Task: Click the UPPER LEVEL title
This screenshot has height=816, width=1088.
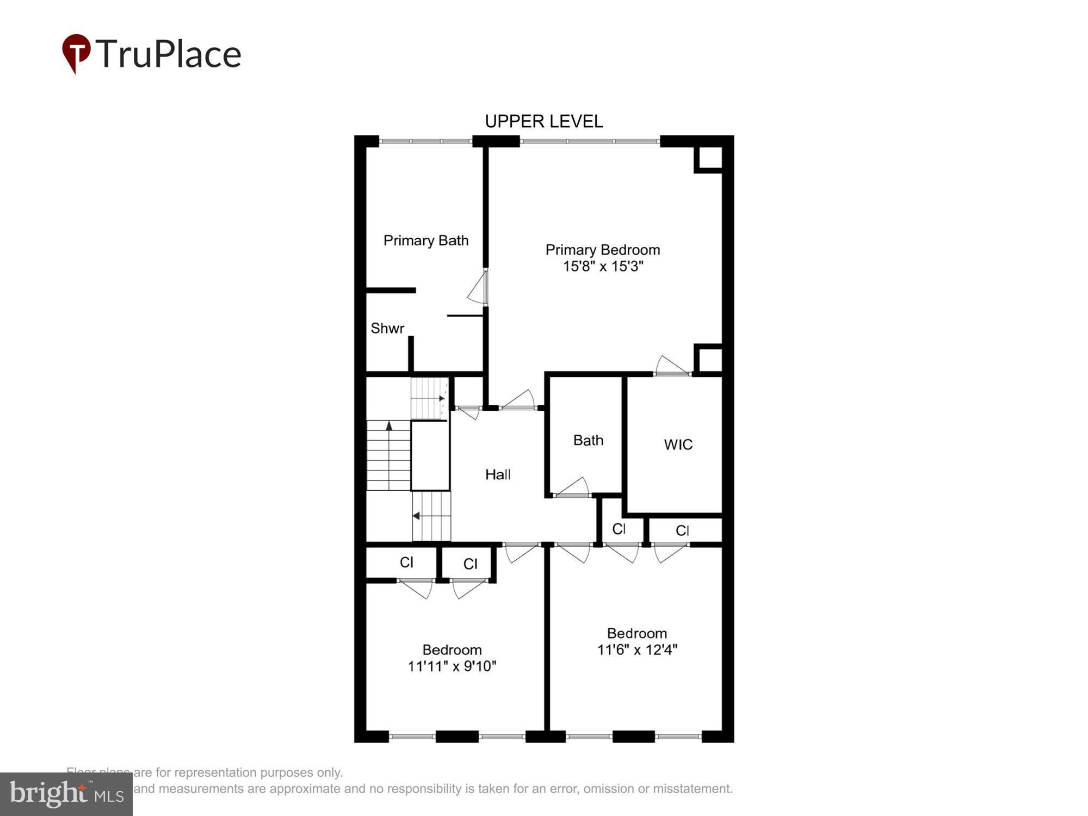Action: pos(543,121)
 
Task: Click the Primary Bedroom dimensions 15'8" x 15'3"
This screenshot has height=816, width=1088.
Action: pos(603,267)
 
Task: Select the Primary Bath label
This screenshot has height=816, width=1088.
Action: pos(425,240)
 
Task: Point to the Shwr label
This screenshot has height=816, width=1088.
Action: pos(387,329)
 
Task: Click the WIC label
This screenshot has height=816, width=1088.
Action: pos(678,444)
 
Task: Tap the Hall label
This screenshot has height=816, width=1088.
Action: pos(497,474)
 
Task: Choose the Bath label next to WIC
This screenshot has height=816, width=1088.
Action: pos(588,440)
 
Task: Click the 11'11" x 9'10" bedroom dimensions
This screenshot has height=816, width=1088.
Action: pos(452,666)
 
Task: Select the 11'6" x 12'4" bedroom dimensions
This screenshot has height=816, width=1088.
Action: pos(637,650)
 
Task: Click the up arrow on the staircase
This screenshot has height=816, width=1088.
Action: pos(389,425)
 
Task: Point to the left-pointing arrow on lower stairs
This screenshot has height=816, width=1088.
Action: pos(416,515)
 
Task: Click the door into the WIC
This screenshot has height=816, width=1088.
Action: pos(672,367)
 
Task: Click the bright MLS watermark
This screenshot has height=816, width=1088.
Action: pos(66,794)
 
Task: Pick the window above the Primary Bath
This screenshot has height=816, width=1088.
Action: pos(425,141)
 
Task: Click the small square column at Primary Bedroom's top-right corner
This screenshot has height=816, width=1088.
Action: pos(708,158)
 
